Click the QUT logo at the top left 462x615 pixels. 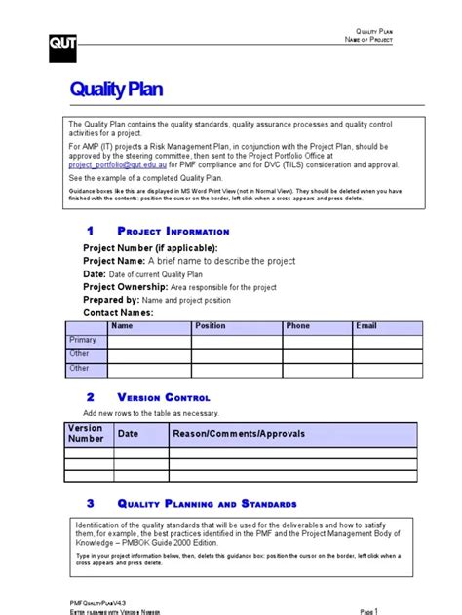(61, 43)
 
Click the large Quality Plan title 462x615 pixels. (116, 90)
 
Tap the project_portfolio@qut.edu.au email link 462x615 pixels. (112, 165)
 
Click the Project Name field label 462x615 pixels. (112, 261)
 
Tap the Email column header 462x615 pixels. (366, 326)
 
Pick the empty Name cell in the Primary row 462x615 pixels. (148, 341)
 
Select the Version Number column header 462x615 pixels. (85, 434)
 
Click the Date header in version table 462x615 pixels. (129, 434)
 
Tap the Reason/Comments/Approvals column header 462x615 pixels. (239, 434)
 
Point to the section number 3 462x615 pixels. (90, 503)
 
